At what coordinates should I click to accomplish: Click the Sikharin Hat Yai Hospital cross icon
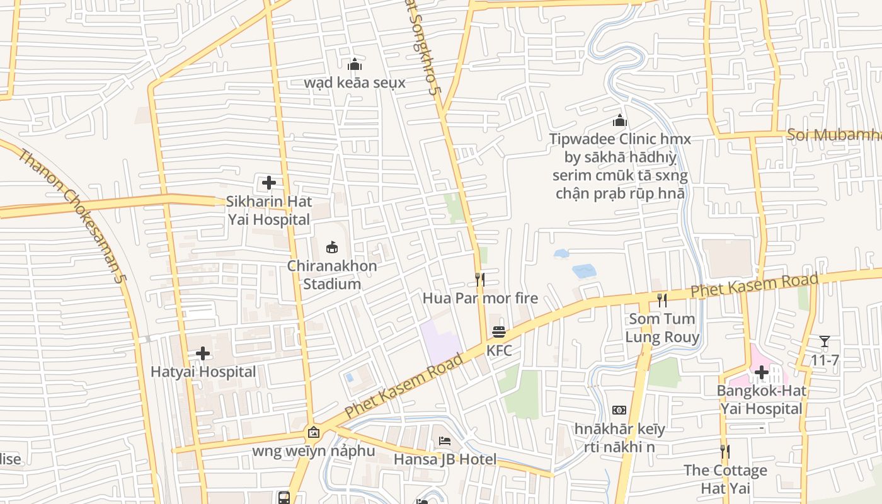point(269,183)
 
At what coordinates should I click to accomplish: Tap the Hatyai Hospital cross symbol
point(203,353)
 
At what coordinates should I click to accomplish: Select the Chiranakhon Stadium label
point(332,275)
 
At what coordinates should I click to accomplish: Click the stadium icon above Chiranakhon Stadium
point(332,247)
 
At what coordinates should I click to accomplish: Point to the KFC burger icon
point(499,331)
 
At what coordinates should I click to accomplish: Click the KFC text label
point(499,350)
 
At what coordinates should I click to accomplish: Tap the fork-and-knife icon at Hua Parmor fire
point(480,279)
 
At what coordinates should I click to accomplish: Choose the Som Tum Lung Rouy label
point(662,328)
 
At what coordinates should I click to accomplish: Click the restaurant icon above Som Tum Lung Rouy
point(662,300)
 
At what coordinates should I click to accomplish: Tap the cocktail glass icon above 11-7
point(825,341)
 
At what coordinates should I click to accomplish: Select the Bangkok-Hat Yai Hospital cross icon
point(762,372)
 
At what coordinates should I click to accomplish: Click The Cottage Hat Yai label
point(725,479)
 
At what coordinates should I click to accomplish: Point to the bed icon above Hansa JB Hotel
point(445,441)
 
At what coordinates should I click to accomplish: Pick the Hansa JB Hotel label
point(445,459)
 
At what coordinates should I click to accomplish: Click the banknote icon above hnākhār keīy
point(619,410)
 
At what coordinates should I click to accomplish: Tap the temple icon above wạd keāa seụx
point(355,64)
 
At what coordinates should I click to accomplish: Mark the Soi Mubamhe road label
point(833,135)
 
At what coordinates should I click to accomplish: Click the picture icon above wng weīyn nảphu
point(313,432)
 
